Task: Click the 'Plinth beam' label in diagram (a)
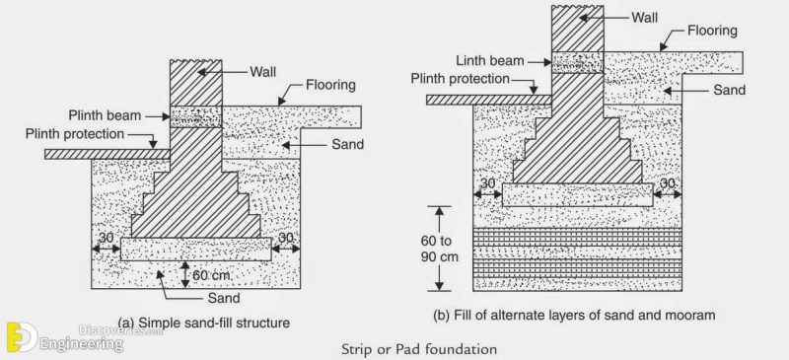pos(105,113)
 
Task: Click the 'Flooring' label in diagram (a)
pos(330,86)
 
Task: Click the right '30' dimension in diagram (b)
pos(669,183)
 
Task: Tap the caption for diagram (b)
pos(571,316)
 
